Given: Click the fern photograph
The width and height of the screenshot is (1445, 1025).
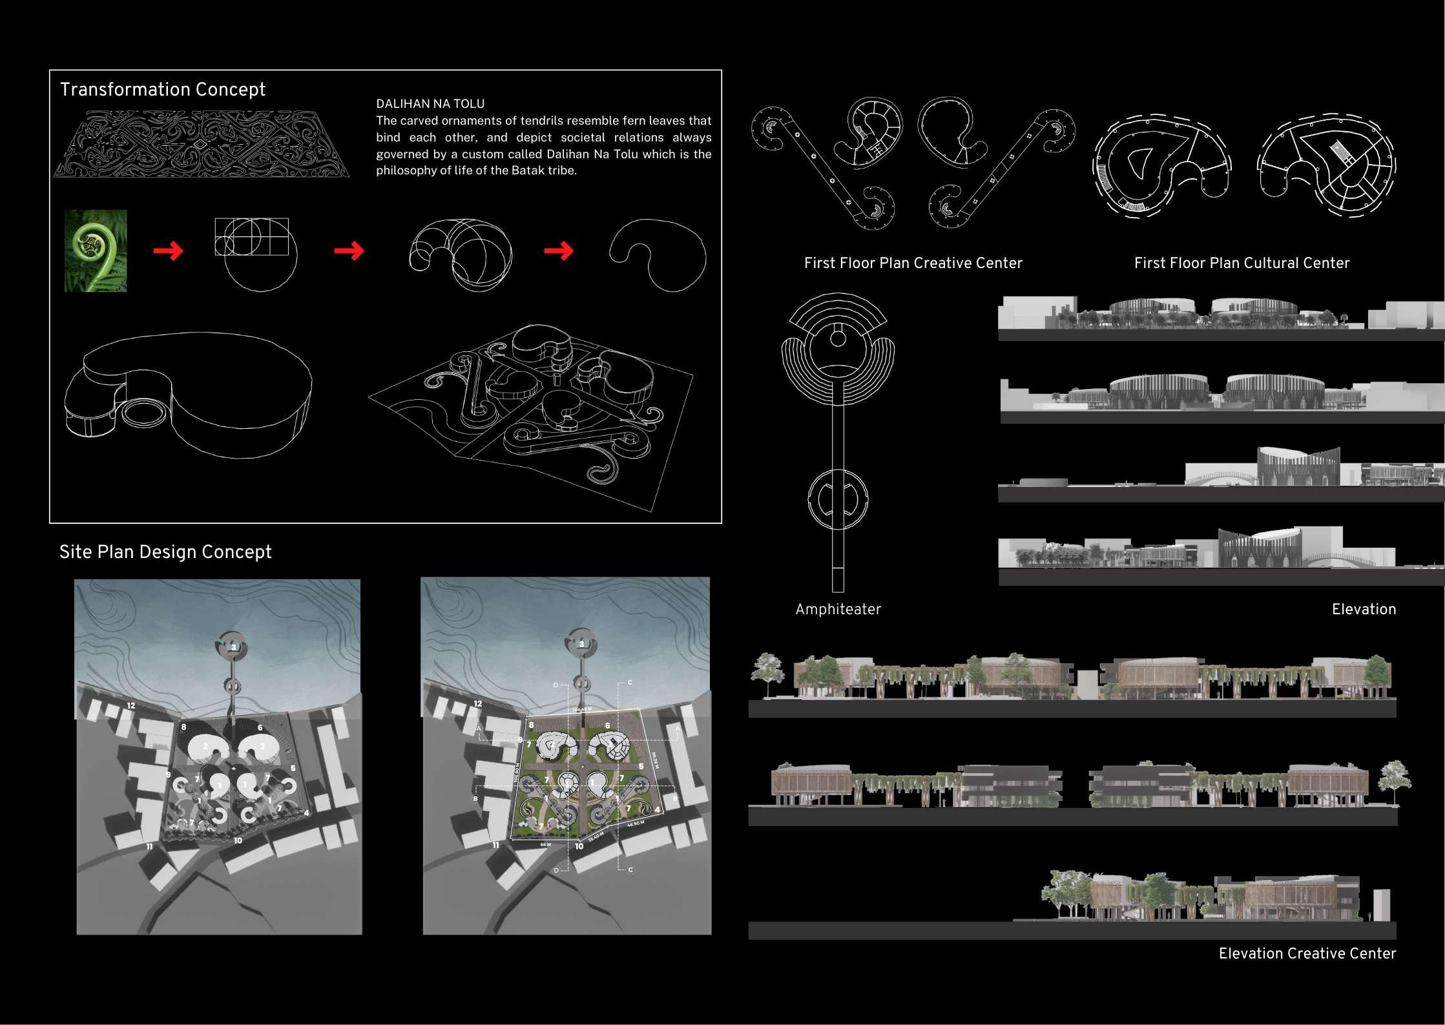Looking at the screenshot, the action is (96, 251).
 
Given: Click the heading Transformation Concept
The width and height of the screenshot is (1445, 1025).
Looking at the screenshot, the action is (162, 89).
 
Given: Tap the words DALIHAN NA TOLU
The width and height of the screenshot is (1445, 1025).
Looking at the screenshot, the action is (430, 103).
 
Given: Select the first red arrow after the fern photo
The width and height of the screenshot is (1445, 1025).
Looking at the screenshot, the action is (168, 251).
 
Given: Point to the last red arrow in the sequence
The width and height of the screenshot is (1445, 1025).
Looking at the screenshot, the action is (559, 251).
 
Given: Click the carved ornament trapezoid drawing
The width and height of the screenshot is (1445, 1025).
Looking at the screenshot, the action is (202, 144).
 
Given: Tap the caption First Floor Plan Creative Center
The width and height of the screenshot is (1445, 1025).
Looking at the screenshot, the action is (913, 263).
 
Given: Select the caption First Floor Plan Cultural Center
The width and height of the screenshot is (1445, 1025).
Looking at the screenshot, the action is (1242, 263).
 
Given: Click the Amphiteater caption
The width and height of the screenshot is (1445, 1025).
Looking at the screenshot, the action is (838, 609).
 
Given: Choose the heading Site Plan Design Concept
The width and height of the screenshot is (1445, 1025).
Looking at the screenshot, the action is (165, 552).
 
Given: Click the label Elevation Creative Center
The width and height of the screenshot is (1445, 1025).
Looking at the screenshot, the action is (1307, 953).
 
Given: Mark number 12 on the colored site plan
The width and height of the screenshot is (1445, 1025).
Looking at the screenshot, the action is (478, 703).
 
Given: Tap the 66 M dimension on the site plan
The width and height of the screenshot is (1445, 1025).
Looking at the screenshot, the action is (545, 844).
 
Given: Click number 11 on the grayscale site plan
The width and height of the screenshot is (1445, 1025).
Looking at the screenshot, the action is (149, 846).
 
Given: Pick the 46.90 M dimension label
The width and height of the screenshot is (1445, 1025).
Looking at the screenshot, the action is (636, 823).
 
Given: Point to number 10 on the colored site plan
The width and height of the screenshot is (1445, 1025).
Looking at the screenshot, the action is (579, 846).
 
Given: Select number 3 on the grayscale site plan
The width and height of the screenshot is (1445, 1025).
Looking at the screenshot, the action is (234, 647).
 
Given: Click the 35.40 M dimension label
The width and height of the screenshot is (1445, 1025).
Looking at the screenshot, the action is (596, 837).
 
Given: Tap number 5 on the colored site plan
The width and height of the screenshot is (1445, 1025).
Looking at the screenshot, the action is (641, 767).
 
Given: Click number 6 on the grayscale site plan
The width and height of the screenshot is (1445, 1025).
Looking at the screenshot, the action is (260, 728).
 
